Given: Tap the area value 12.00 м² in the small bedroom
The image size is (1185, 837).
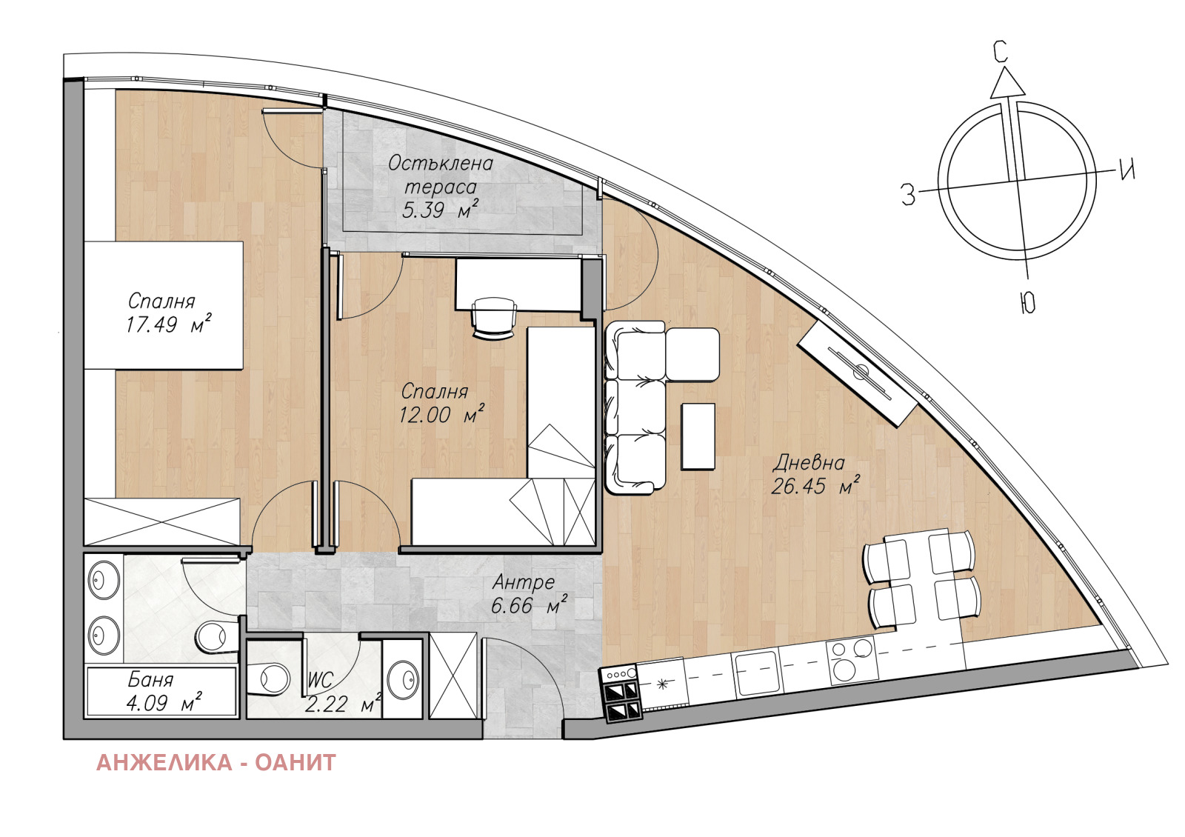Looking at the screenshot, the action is [441, 414].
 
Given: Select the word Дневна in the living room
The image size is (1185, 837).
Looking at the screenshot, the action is [809, 463].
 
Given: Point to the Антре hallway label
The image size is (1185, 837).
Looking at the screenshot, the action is [524, 582].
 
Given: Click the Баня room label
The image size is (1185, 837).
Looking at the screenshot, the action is [151, 680].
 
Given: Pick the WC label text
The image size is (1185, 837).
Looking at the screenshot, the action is [321, 680].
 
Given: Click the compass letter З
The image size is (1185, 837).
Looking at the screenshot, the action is [908, 194].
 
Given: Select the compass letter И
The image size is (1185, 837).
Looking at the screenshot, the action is [1127, 170].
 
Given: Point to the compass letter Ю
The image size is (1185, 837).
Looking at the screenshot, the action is [1027, 304].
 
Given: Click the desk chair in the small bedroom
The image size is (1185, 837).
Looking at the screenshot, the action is [493, 318].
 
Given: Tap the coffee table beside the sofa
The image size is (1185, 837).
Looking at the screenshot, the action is [698, 436].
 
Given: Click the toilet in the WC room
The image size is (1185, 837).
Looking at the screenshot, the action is [270, 678].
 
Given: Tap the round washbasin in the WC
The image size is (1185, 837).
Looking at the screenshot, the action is [403, 677].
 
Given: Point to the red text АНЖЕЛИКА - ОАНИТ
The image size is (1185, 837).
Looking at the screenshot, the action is [216, 762].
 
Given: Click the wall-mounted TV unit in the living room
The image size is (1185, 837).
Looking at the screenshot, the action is [857, 372].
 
